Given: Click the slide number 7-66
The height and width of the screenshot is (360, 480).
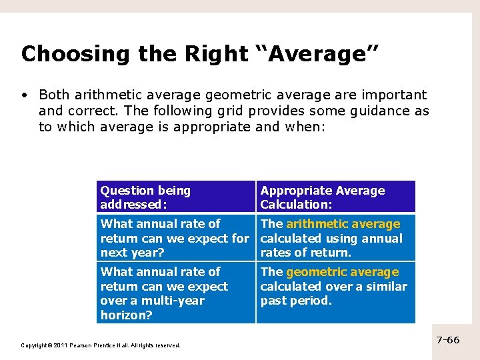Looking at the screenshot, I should [448, 340].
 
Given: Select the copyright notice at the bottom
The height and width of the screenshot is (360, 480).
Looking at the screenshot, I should [101, 345].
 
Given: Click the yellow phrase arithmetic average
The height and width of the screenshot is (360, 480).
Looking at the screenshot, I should [343, 224].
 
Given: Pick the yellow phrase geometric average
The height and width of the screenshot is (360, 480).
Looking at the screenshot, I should [343, 272].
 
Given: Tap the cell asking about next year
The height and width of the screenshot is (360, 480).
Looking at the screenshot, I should [175, 238].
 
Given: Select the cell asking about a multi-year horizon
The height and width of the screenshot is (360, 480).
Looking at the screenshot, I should [175, 293].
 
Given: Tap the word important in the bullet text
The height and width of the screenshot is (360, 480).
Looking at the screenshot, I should [391, 95].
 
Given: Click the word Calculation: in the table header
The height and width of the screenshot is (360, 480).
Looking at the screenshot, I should [296, 205].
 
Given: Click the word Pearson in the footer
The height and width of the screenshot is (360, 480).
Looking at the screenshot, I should [84, 345].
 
